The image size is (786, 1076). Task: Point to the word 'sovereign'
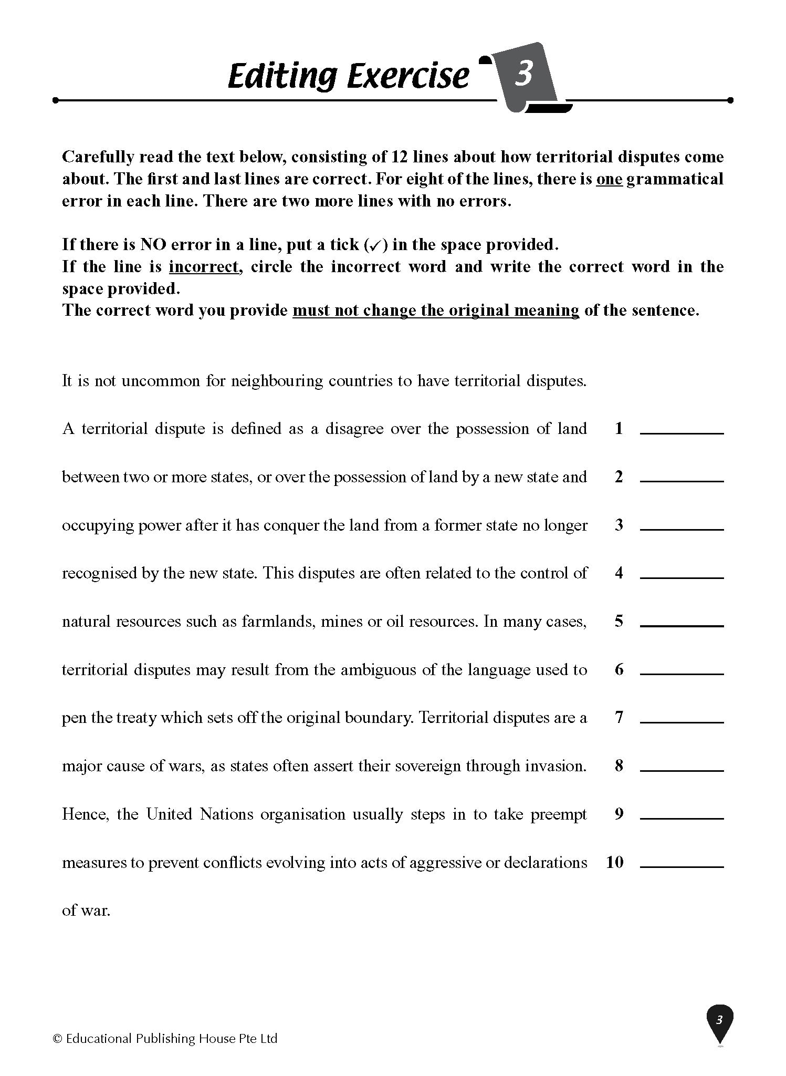425,766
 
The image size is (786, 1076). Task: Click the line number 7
619,717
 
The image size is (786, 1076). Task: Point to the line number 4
619,573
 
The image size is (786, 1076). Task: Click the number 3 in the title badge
523,74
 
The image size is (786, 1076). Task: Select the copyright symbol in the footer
58,1039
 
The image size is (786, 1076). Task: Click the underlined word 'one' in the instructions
609,179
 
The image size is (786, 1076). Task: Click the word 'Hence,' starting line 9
86,814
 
